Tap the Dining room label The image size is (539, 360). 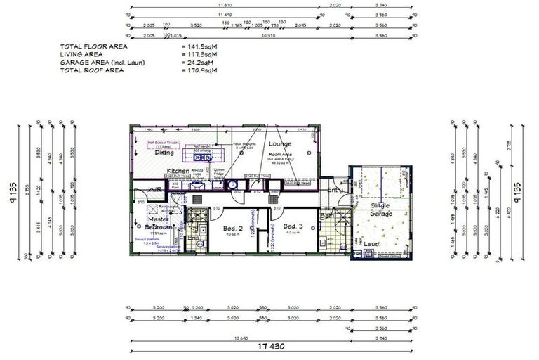tap(164, 153)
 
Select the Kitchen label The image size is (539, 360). tap(178, 171)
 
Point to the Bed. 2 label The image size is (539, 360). tap(232, 228)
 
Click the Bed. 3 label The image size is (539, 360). tap(292, 226)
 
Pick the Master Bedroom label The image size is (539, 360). tap(157, 223)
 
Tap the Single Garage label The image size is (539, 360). tap(381, 209)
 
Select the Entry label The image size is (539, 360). tap(335, 189)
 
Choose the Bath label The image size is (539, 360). tap(328, 216)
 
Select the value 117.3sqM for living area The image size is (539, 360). tap(199, 54)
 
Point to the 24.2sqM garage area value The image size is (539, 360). tap(198, 63)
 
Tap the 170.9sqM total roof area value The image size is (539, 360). tap(199, 70)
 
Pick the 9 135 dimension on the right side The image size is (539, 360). tap(517, 190)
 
